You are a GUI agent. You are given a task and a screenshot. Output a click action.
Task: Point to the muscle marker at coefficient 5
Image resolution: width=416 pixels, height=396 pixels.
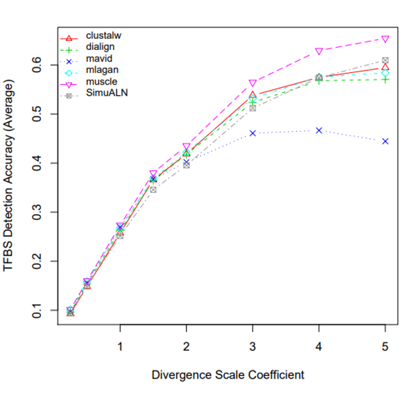click(385, 39)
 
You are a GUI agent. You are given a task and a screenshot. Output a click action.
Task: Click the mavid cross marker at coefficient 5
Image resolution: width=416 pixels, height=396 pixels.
click(385, 141)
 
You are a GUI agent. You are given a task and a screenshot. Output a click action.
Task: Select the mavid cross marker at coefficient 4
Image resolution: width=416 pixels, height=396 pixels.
click(319, 130)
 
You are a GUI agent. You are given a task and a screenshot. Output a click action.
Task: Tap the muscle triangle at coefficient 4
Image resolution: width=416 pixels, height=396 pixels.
click(319, 51)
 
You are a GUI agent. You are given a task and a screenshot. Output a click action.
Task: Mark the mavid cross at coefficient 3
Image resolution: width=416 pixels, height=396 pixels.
click(252, 132)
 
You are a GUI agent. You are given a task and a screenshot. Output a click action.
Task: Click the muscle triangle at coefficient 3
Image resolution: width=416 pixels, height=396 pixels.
click(252, 83)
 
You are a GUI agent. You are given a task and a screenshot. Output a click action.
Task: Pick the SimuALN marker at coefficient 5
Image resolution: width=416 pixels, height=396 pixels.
click(385, 61)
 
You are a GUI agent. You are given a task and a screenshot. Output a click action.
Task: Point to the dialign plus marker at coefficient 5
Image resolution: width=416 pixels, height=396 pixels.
click(385, 79)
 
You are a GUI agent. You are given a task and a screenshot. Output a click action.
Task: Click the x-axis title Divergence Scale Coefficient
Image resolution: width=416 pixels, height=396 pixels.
click(227, 375)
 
